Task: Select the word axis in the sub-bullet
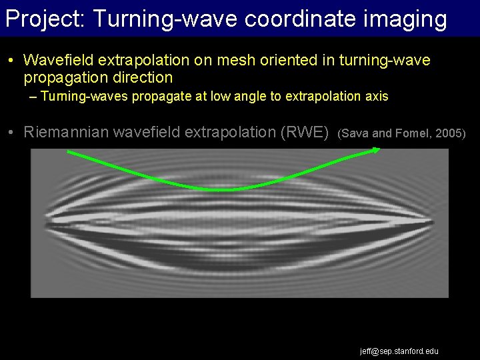point(376,97)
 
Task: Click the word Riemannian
point(69,132)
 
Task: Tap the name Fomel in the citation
point(413,133)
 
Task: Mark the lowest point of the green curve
point(227,190)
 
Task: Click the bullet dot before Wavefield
point(12,61)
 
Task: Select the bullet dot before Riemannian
point(12,133)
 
